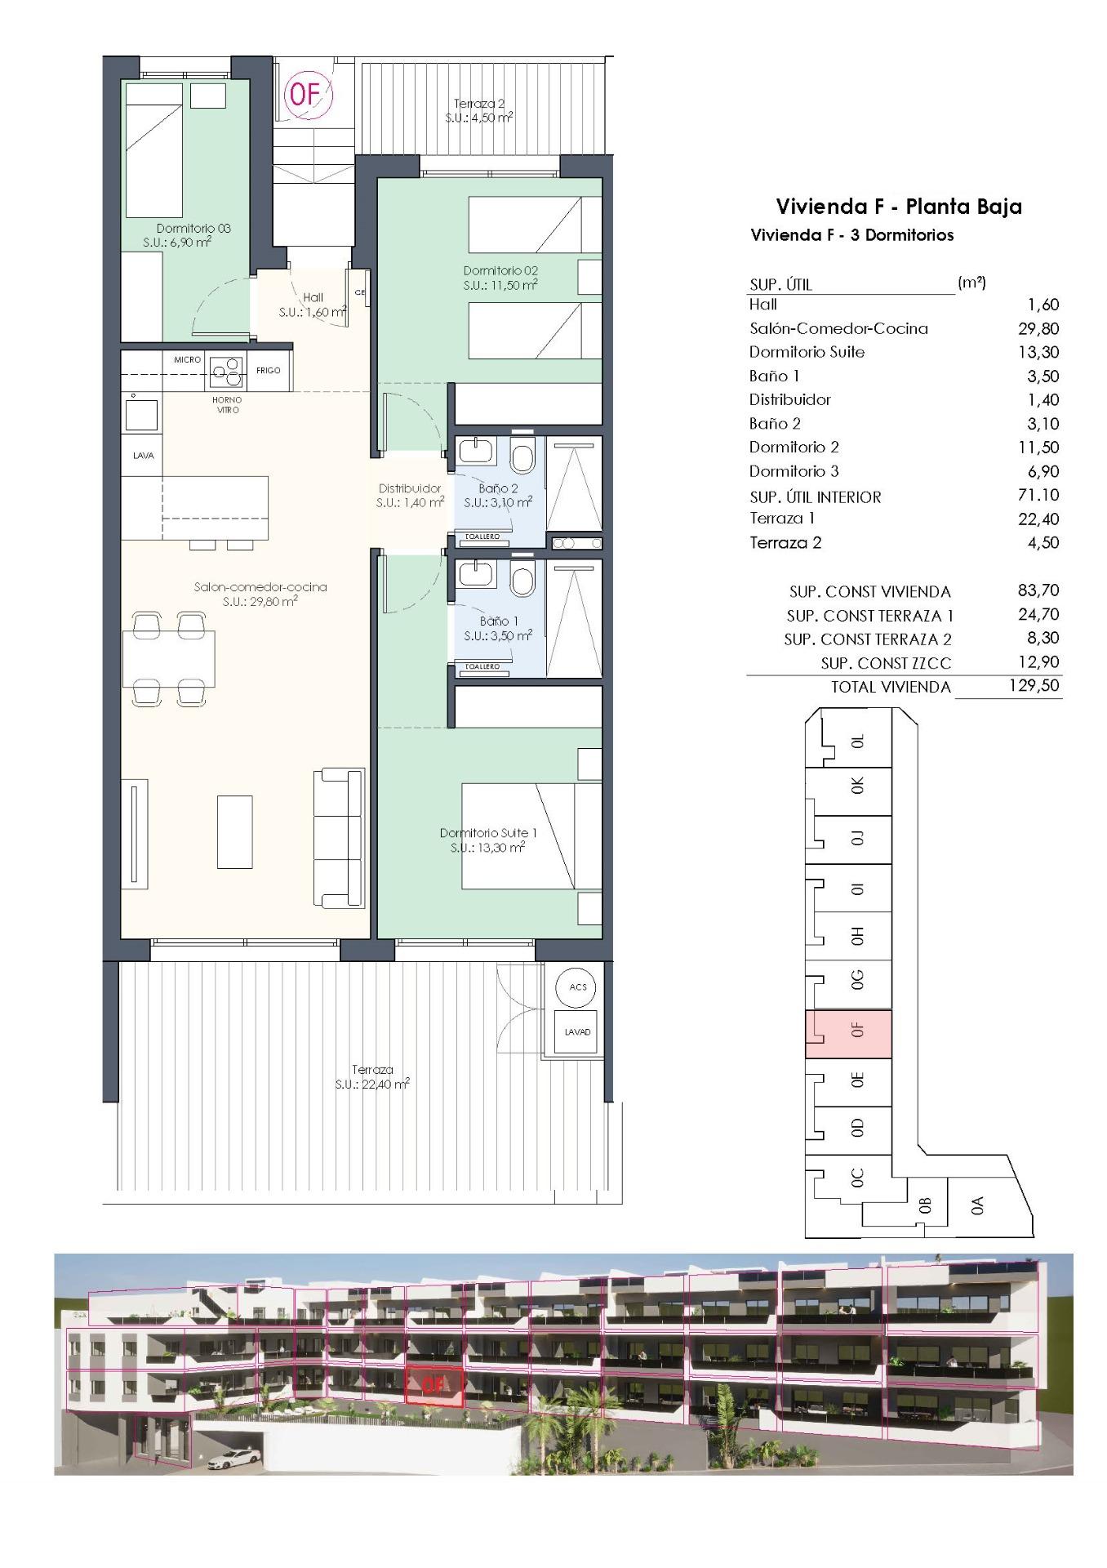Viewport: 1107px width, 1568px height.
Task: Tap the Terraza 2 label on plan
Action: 479,110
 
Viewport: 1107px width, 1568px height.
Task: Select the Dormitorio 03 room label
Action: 193,235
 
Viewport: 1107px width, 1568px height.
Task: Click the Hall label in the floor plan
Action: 313,305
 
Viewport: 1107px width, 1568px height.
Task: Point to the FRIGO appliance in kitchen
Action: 268,370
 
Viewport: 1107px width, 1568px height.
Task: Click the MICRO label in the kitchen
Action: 187,359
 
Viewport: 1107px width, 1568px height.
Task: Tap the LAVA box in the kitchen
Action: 143,456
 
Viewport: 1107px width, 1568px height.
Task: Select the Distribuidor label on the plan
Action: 410,495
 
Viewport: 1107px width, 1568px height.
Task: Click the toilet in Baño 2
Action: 522,456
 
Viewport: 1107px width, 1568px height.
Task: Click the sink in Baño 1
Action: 472,574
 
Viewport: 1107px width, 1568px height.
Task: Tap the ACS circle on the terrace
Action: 577,987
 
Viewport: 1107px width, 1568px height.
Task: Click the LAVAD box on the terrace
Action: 577,1032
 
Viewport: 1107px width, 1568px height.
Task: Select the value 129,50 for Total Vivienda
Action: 1033,685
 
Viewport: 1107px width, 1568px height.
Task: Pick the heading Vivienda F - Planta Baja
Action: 898,207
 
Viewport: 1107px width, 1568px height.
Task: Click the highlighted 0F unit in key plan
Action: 849,1033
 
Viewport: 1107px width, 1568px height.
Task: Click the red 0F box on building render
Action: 434,1385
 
